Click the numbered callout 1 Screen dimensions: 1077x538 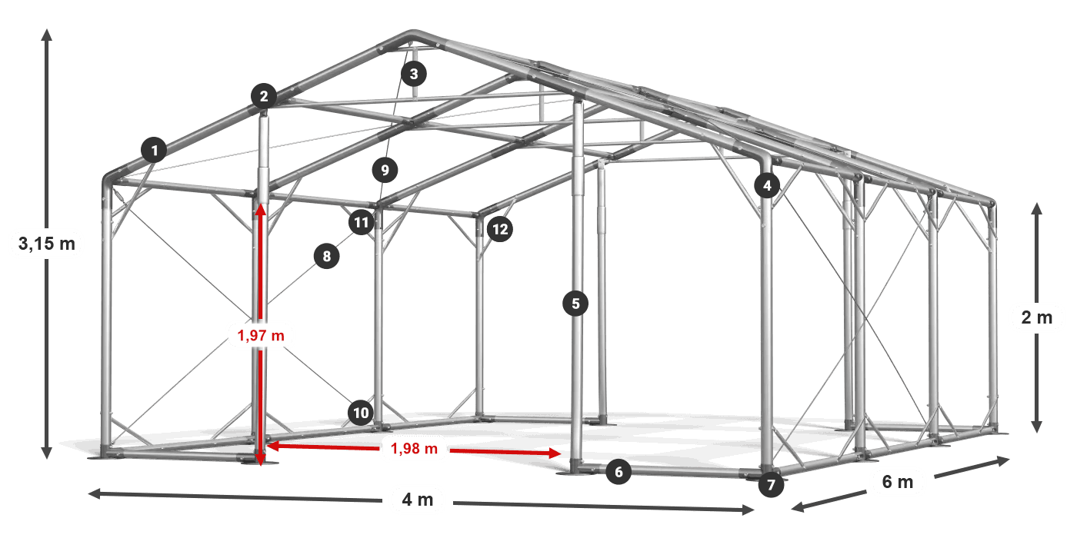[x=154, y=150]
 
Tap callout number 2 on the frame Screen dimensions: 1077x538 [x=263, y=96]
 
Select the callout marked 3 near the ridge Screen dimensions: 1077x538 [x=414, y=74]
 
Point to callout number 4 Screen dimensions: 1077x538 [x=767, y=185]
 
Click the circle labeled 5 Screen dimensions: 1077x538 [x=575, y=303]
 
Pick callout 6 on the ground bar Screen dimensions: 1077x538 [x=619, y=471]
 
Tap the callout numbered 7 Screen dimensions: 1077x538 [x=771, y=484]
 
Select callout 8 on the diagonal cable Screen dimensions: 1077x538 [x=326, y=255]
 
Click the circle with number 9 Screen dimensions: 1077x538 [x=385, y=170]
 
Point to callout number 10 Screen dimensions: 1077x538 [x=361, y=412]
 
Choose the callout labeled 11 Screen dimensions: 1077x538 [x=361, y=222]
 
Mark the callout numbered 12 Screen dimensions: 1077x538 [x=499, y=229]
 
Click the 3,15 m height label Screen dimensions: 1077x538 [x=47, y=244]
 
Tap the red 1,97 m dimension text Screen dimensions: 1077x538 [x=261, y=335]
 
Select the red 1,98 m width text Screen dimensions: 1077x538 [x=414, y=449]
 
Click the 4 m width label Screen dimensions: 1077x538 [x=417, y=500]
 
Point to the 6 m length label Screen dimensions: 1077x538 [x=898, y=481]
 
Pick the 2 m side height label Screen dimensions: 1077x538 [x=1037, y=317]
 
